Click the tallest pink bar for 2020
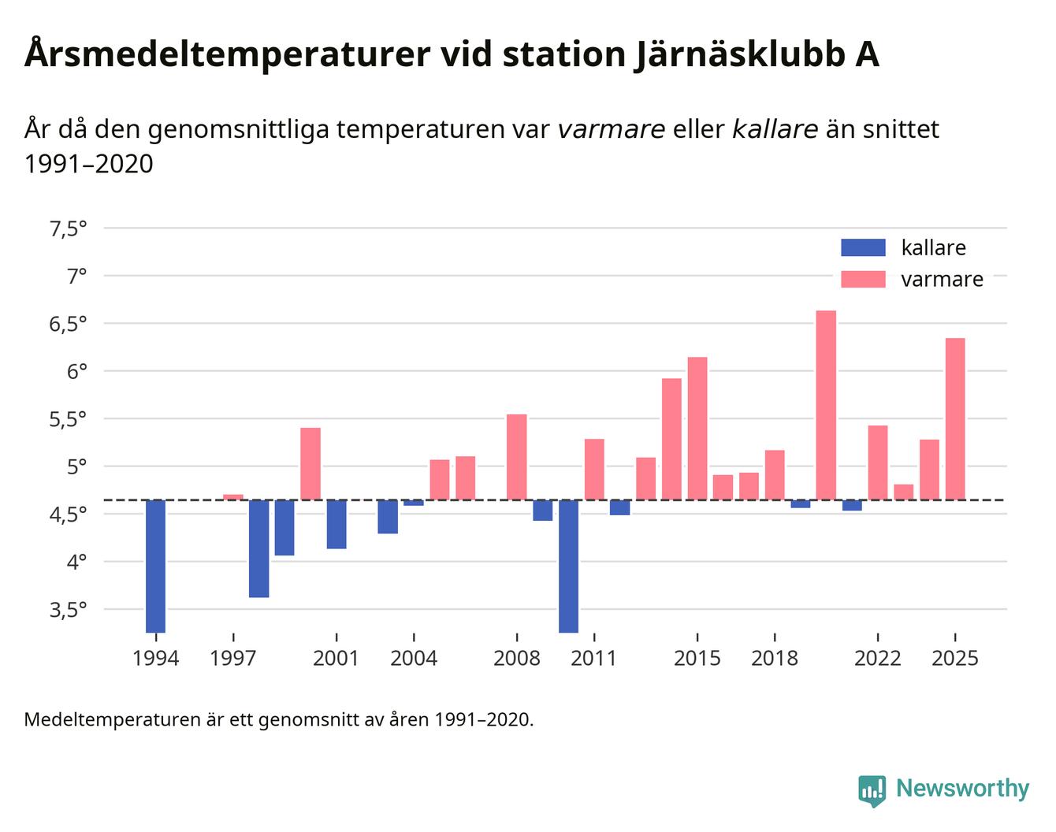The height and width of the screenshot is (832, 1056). [826, 405]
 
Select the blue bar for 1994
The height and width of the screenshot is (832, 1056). [155, 566]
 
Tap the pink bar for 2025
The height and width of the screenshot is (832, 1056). [955, 418]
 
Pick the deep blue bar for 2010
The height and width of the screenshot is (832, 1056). [568, 566]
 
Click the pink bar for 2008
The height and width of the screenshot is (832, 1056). [517, 457]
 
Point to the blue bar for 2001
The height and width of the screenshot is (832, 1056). [337, 524]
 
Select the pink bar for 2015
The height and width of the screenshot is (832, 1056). [697, 428]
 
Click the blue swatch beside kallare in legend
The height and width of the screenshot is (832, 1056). [863, 247]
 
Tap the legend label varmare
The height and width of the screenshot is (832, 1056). [942, 280]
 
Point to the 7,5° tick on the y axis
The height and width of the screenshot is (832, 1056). [68, 228]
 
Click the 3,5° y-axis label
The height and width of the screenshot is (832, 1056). [68, 610]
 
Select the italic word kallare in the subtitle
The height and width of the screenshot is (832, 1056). [775, 128]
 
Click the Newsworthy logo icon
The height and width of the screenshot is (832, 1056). [872, 790]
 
